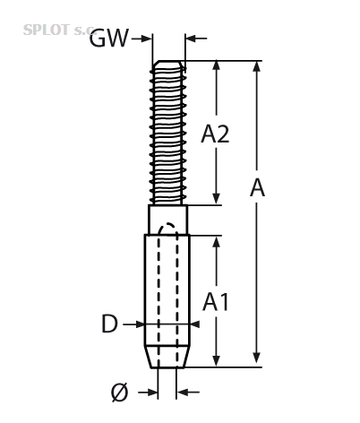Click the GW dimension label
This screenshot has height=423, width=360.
pyautogui.click(x=109, y=39)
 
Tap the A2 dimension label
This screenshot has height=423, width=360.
pyautogui.click(x=215, y=134)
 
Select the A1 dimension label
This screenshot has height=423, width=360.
pyautogui.click(x=216, y=302)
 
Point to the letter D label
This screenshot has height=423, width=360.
pyautogui.click(x=109, y=324)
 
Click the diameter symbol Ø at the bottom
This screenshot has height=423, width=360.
pyautogui.click(x=120, y=392)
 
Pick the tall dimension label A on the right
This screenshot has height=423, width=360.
pyautogui.click(x=257, y=187)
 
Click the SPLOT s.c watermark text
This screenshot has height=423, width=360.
pyautogui.click(x=58, y=30)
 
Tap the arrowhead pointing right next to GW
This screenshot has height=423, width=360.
pyautogui.click(x=146, y=39)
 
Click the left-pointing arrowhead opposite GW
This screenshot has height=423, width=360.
pyautogui.click(x=191, y=39)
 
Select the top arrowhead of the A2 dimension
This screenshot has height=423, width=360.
pyautogui.click(x=217, y=66)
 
